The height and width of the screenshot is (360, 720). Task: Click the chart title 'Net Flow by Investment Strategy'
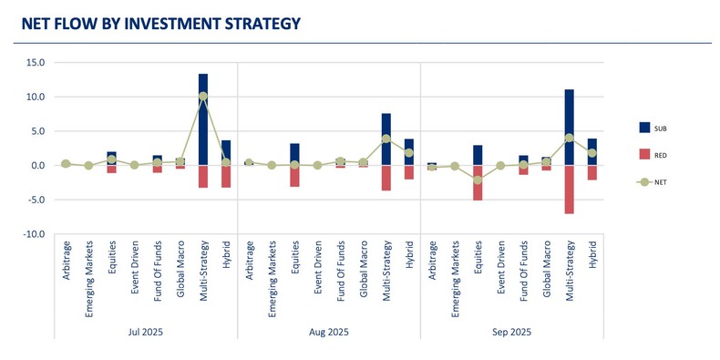tap(160, 24)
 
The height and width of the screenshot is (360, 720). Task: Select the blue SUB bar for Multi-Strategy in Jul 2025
tap(202, 118)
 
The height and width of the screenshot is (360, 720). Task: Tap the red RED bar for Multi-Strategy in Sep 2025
tap(569, 189)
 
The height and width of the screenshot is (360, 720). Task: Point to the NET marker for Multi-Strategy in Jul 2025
tap(202, 97)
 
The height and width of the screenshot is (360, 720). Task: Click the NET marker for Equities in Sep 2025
tap(478, 180)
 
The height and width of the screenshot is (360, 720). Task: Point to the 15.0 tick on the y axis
tap(36, 63)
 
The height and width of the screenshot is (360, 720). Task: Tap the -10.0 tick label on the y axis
tap(35, 234)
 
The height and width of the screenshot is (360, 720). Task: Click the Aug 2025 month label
tap(328, 333)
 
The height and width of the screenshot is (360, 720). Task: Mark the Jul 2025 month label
tap(145, 333)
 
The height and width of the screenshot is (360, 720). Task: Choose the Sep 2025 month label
tap(511, 333)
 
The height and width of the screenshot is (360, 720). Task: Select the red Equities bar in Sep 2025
tap(478, 182)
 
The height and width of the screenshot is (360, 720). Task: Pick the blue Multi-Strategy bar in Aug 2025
tap(386, 139)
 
